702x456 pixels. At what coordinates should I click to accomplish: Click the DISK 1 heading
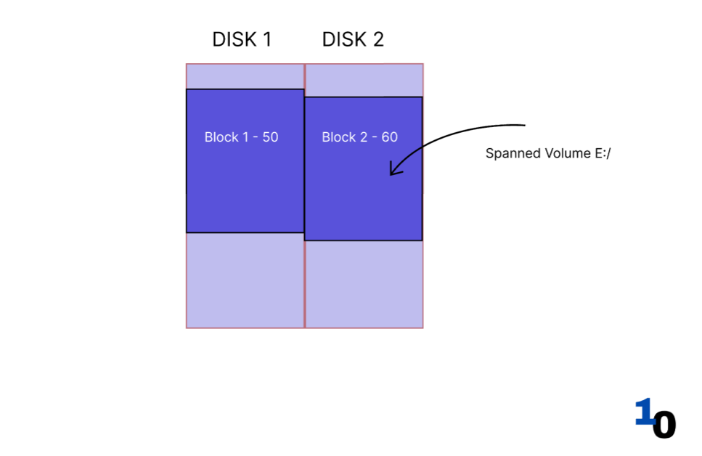click(242, 39)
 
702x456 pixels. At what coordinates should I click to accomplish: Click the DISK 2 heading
click(353, 39)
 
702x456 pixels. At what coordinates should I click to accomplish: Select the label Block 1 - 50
click(241, 137)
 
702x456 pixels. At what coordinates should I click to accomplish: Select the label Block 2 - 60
click(359, 137)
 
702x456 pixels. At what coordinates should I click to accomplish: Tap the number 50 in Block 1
click(270, 137)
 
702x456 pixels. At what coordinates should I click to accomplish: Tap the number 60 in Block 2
click(390, 137)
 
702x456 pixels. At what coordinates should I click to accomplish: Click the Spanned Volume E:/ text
click(548, 154)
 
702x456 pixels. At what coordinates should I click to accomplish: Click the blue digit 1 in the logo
click(643, 412)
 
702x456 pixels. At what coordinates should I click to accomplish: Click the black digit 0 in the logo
click(664, 424)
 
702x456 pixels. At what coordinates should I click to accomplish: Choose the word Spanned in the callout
click(510, 154)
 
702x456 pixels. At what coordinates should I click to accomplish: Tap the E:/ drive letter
click(602, 154)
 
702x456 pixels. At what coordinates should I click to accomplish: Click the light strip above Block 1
click(245, 76)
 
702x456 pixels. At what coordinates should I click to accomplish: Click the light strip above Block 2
click(364, 80)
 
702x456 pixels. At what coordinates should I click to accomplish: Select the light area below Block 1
click(245, 280)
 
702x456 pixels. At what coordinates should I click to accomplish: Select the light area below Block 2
click(364, 284)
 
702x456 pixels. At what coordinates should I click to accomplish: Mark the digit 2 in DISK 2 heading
click(377, 39)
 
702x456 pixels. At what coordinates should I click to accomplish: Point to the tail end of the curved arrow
click(523, 125)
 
